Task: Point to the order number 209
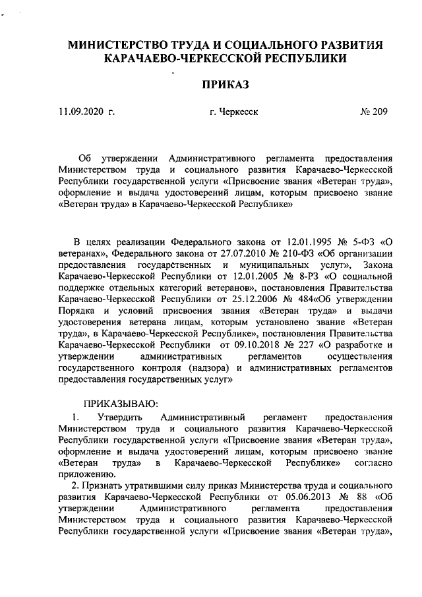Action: click(379, 112)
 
